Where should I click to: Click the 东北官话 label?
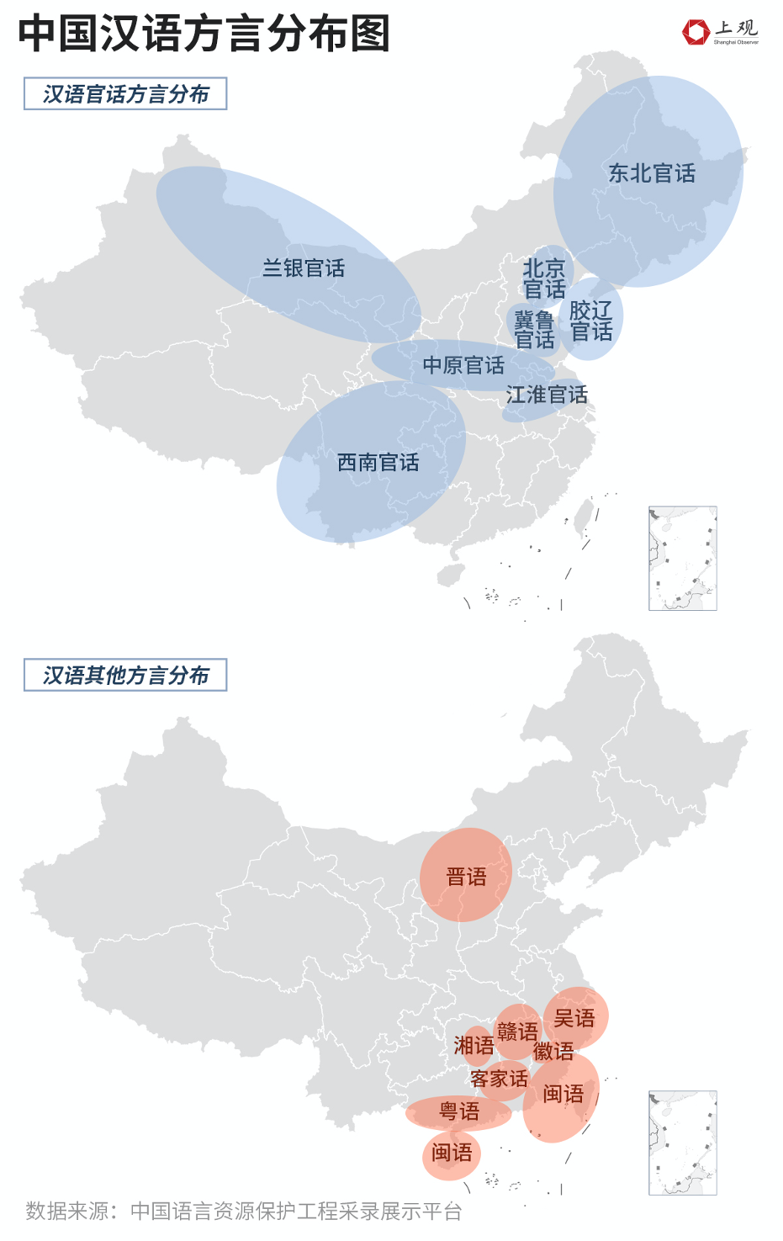tap(652, 173)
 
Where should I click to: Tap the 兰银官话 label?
tap(304, 268)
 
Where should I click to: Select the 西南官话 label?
tap(378, 462)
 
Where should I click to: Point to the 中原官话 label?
tap(463, 365)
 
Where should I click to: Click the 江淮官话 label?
tap(547, 395)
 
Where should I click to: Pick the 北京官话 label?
tap(544, 279)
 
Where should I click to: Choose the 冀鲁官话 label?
tap(534, 330)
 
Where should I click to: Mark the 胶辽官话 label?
tap(591, 321)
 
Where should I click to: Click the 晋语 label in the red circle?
tap(466, 877)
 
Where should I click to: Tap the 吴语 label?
tap(574, 1018)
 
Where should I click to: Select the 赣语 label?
tap(517, 1032)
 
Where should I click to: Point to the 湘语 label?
tap(474, 1045)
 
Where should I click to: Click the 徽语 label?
tap(553, 1051)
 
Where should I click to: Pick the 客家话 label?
tap(500, 1079)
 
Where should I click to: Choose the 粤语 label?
tap(459, 1111)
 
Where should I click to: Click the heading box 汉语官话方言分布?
tap(125, 94)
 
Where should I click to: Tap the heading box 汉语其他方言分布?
tap(125, 676)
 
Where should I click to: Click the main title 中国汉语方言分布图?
tap(204, 34)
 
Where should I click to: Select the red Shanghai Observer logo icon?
tap(696, 32)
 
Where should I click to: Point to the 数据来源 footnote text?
tap(244, 1211)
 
